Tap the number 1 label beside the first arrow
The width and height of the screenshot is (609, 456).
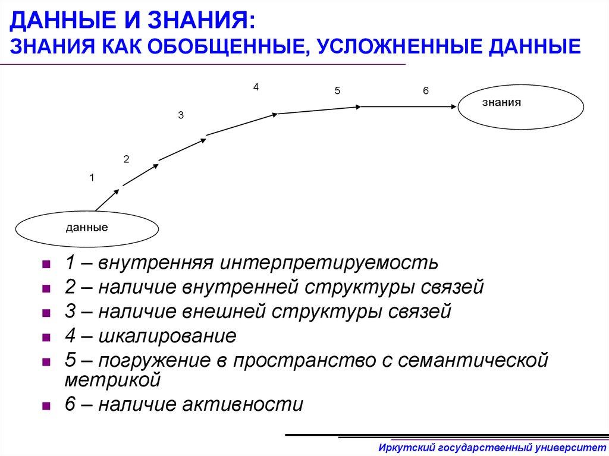(x=92, y=177)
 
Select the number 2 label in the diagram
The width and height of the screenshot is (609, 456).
(x=126, y=159)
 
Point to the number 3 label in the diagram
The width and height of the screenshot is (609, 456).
(x=180, y=117)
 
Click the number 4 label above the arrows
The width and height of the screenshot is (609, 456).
(x=256, y=87)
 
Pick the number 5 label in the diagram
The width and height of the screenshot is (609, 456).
(x=337, y=91)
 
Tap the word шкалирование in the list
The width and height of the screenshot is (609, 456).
(x=167, y=336)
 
